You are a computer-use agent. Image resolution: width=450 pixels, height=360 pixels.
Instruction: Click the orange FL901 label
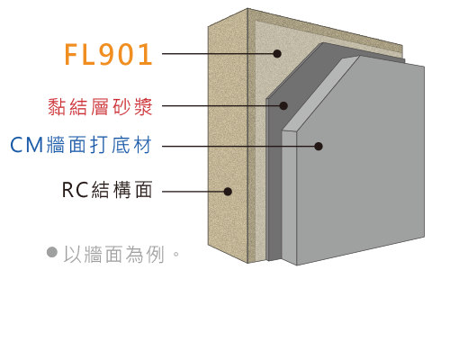[x=109, y=54]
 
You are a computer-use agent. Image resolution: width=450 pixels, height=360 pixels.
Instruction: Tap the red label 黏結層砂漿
[x=100, y=107]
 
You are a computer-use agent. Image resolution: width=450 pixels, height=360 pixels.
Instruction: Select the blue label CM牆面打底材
[x=81, y=145]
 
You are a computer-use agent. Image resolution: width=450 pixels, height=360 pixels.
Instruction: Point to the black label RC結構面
[x=107, y=190]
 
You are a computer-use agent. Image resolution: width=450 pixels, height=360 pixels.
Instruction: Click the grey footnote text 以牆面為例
[x=114, y=255]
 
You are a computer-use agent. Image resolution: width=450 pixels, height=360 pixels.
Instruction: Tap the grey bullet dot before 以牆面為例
[x=52, y=252]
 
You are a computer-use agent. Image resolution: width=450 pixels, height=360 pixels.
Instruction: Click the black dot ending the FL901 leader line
[x=277, y=54]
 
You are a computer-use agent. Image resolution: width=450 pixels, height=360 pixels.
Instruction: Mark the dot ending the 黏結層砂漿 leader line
[x=283, y=105]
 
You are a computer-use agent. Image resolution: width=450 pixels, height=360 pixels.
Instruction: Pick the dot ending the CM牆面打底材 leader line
[x=319, y=147]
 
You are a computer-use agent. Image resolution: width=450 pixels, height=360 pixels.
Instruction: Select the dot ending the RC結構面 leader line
[x=228, y=192]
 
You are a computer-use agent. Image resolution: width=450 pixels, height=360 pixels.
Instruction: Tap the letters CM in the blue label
[x=27, y=145]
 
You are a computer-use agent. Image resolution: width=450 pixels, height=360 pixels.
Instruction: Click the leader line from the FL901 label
[x=218, y=54]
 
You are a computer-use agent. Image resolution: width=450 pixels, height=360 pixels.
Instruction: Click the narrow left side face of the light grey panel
[x=289, y=197]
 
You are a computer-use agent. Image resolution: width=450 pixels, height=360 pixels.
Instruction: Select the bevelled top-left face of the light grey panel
[x=320, y=93]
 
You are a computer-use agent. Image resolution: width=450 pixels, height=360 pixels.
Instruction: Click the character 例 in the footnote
[x=156, y=255]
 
